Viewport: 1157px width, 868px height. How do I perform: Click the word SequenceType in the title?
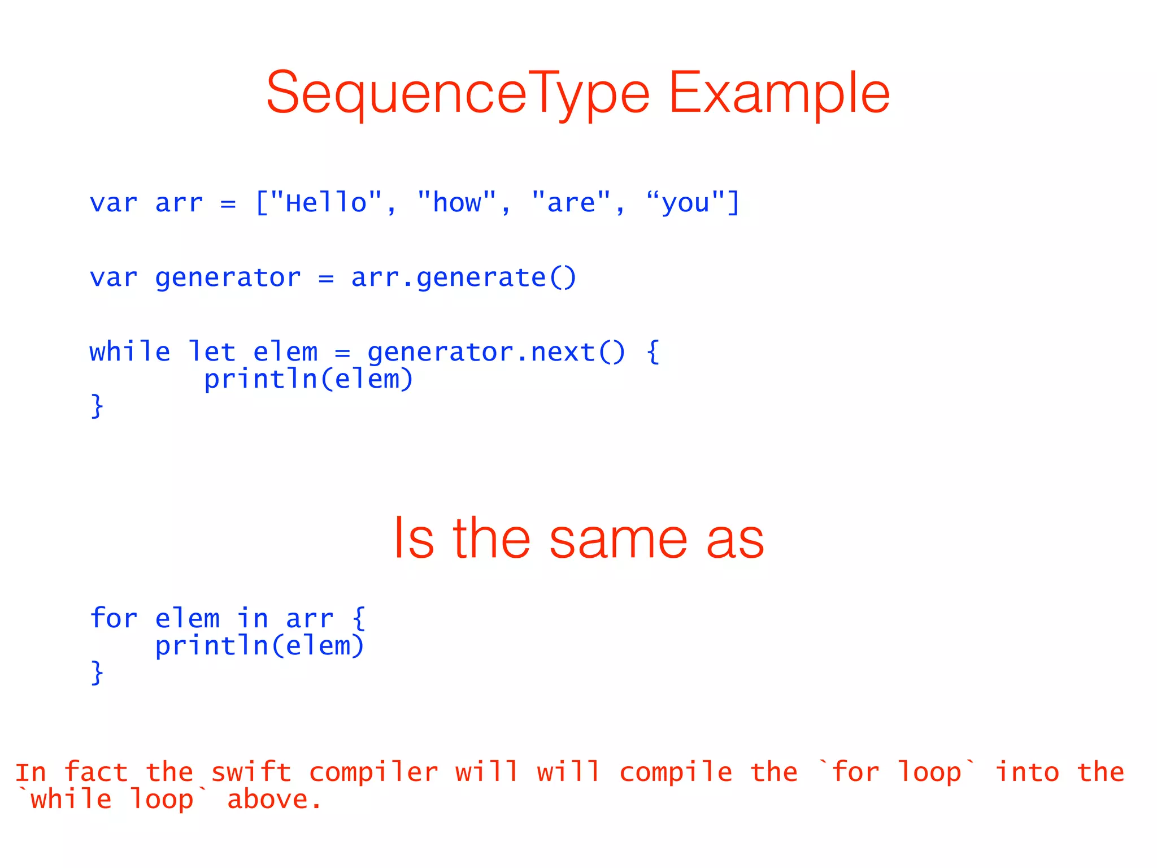[x=458, y=93]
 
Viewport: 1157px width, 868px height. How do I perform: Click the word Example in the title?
[x=779, y=93]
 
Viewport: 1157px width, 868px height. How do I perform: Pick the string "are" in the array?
[x=572, y=203]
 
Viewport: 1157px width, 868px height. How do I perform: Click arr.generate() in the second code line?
[x=463, y=277]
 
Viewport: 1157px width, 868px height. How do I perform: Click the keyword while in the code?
[x=130, y=352]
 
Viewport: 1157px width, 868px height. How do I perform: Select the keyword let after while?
[x=211, y=352]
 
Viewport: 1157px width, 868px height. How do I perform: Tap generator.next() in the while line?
[x=496, y=352]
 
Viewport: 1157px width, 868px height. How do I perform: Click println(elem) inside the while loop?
[x=308, y=379]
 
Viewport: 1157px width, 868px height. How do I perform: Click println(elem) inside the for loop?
[x=260, y=646]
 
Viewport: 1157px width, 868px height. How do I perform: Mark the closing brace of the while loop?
[x=97, y=406]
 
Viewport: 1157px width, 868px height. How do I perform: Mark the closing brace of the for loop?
[x=97, y=672]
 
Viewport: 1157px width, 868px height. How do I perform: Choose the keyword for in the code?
[x=114, y=618]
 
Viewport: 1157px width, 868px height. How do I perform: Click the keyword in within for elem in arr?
[x=252, y=618]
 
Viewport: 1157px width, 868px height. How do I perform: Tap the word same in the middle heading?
[x=618, y=539]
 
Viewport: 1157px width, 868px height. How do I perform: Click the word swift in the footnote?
[x=251, y=772]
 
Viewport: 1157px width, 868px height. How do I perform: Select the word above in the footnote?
[x=274, y=800]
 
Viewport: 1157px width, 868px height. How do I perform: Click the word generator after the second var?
[x=228, y=277]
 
